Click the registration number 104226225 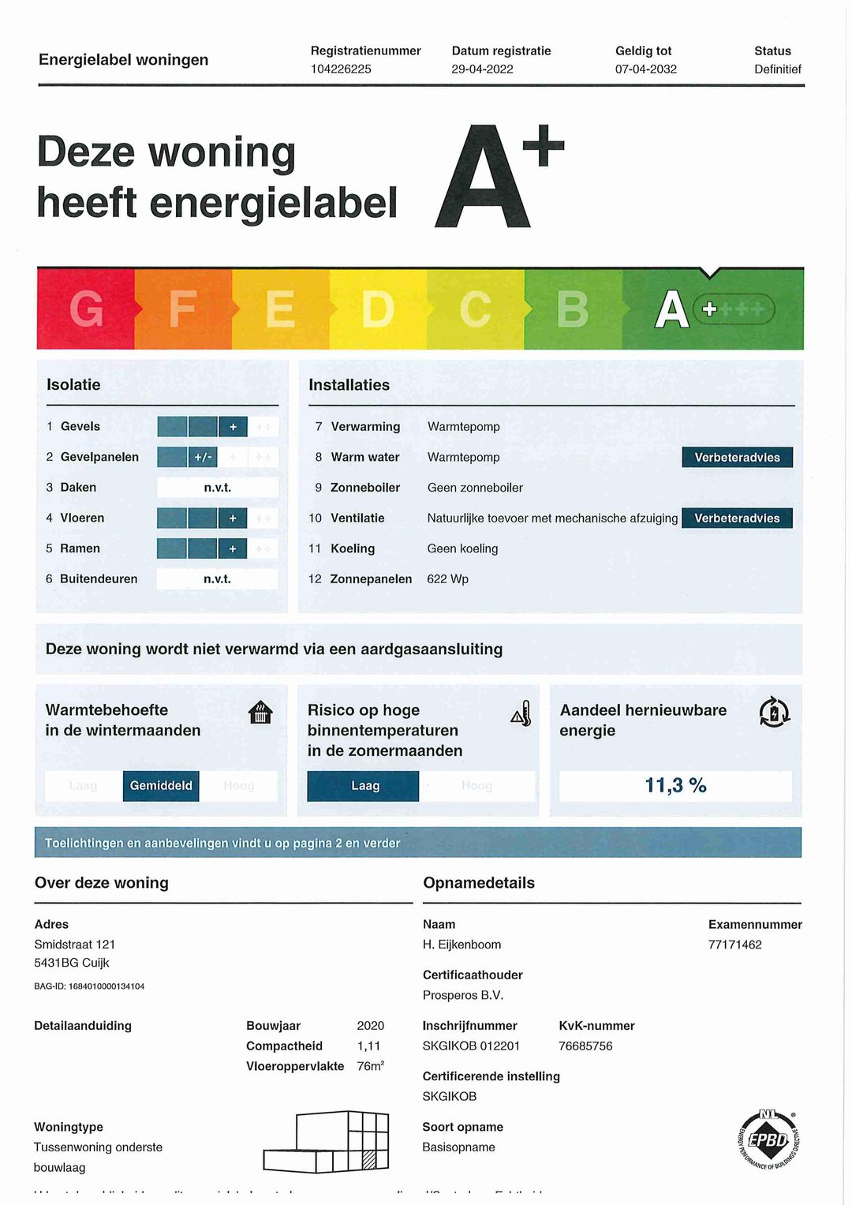pyautogui.click(x=341, y=69)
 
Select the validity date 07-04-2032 pyautogui.click(x=645, y=69)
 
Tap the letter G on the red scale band pyautogui.click(x=86, y=309)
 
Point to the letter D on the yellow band pyautogui.click(x=378, y=309)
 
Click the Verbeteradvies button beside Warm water pyautogui.click(x=737, y=457)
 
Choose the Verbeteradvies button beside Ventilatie pyautogui.click(x=737, y=518)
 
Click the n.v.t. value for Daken pyautogui.click(x=218, y=488)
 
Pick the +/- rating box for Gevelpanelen pyautogui.click(x=203, y=457)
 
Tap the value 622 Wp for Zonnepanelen pyautogui.click(x=447, y=579)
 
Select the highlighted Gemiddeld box pyautogui.click(x=161, y=786)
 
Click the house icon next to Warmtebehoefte pyautogui.click(x=260, y=713)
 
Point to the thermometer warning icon pyautogui.click(x=521, y=713)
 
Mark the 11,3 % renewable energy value pyautogui.click(x=675, y=786)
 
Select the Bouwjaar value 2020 pyautogui.click(x=370, y=1026)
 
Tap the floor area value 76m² pyautogui.click(x=370, y=1066)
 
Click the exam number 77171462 pyautogui.click(x=734, y=945)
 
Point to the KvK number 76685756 pyautogui.click(x=585, y=1046)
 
